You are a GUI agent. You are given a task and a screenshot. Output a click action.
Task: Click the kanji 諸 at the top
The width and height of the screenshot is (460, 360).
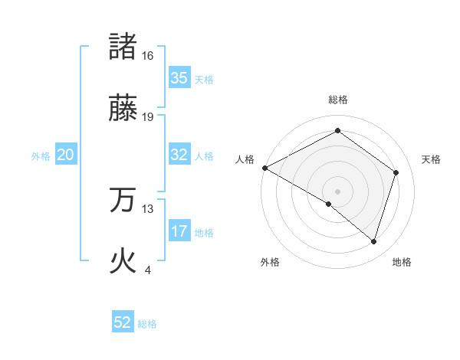pos(123,47)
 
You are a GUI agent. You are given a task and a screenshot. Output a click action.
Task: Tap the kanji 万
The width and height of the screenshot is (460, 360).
pos(123,200)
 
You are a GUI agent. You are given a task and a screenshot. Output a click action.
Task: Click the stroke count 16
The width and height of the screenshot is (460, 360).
pos(148,56)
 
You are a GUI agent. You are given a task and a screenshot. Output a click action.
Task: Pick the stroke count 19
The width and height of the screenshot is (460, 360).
pos(148,117)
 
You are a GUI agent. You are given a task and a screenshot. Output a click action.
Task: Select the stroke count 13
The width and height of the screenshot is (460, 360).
pos(148,208)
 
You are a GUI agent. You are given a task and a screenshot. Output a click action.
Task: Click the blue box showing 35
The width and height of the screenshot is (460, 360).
pos(179,78)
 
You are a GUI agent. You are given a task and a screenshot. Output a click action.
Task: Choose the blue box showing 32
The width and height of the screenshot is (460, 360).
pos(179,155)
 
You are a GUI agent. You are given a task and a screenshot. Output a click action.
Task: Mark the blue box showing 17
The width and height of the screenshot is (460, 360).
pos(179,231)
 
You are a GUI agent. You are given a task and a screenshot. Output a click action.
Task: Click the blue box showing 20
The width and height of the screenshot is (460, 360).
pos(66,155)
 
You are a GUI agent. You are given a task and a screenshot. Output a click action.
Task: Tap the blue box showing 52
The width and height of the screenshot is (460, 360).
pos(123,322)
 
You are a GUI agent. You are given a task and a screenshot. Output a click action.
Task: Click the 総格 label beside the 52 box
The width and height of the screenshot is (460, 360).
pos(147,324)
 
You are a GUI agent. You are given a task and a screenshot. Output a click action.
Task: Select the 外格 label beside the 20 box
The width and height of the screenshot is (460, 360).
pos(41,156)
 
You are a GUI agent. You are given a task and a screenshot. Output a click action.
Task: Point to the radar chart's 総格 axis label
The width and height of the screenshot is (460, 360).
pos(338,100)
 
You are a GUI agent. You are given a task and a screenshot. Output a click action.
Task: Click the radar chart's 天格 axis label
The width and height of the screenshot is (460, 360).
pos(432,159)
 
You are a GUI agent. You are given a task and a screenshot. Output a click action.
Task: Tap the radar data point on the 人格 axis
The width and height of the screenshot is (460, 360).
pos(264,168)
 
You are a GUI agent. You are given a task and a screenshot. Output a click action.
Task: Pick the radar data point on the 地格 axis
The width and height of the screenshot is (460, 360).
pos(373,241)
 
